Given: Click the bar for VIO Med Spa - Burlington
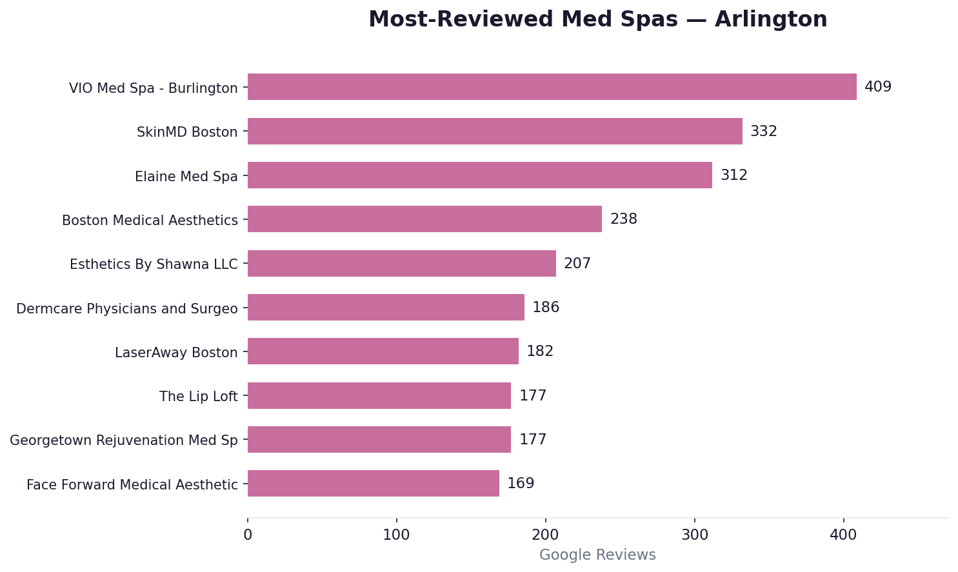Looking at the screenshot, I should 552,87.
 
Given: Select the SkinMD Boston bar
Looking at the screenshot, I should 495,132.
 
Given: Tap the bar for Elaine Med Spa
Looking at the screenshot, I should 479,175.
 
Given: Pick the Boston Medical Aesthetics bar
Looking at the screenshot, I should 424,219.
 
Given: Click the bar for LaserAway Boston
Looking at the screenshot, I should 383,351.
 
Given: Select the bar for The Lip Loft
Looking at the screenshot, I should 379,396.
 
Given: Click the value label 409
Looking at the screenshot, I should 877,87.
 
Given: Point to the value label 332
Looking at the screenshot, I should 763,132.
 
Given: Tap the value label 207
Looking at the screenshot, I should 577,264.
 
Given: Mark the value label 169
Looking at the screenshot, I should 521,484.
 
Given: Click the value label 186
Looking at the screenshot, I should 545,308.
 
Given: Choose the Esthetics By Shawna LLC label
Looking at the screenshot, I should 154,264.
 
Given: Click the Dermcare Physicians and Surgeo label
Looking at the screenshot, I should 127,309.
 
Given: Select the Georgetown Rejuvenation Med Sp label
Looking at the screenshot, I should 124,440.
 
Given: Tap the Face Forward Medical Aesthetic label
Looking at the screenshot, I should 132,485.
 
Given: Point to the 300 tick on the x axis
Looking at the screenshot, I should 694,535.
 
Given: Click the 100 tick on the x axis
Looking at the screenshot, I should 396,535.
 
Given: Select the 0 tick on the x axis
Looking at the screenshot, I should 248,535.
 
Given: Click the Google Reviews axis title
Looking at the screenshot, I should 597,555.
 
